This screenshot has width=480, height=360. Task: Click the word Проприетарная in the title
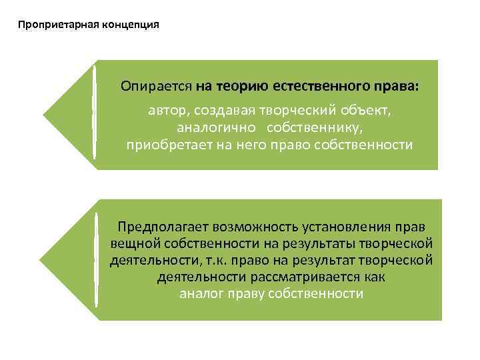[x=59, y=25]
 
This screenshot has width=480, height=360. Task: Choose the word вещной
[x=132, y=243]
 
